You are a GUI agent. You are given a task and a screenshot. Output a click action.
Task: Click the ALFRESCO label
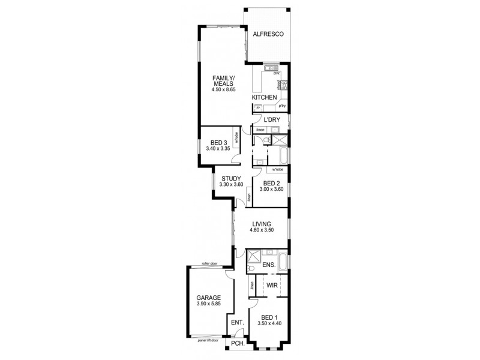(x=267, y=35)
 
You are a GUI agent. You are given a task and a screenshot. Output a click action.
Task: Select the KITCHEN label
(x=264, y=97)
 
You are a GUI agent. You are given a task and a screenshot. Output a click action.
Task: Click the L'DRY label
(x=272, y=120)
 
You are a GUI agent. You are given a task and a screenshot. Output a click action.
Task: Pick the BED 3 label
(x=218, y=142)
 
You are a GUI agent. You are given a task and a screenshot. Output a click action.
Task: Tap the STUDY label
(x=231, y=178)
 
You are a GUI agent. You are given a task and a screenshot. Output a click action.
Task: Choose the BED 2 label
(x=271, y=183)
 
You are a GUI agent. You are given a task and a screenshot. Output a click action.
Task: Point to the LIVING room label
(x=262, y=224)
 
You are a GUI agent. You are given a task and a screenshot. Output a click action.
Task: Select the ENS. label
(x=268, y=265)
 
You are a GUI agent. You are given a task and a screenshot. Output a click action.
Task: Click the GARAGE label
(x=209, y=298)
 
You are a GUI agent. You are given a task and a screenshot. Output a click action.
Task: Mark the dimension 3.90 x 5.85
(x=209, y=304)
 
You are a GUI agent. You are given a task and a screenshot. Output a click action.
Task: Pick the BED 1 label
(x=269, y=317)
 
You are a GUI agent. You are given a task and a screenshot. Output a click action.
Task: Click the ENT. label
(x=238, y=323)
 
